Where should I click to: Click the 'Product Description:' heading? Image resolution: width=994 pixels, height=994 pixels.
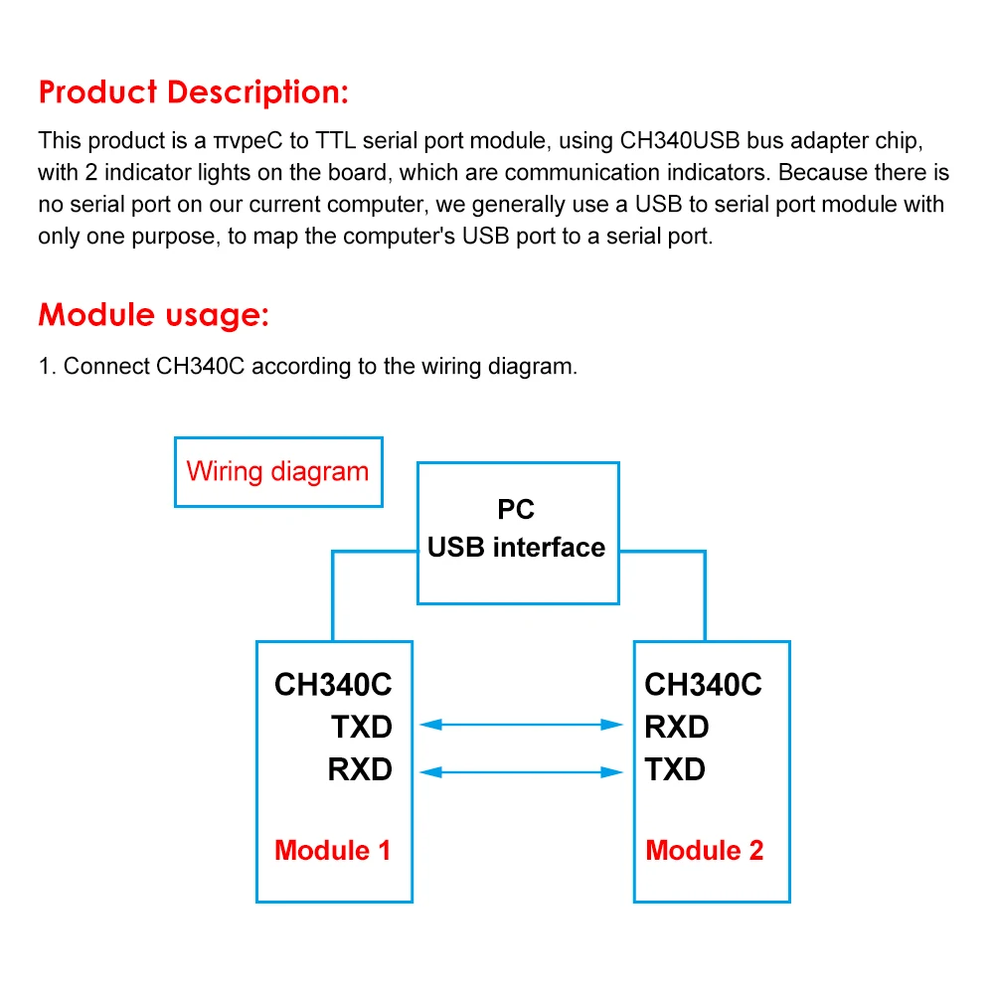click(194, 92)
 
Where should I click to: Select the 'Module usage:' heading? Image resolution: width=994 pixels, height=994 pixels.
click(154, 315)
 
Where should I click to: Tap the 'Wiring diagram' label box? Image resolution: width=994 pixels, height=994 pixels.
click(278, 471)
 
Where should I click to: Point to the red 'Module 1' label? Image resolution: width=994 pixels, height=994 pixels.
click(332, 850)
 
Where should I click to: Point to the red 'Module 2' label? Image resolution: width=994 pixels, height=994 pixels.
click(705, 850)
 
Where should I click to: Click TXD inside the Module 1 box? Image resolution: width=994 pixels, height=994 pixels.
click(362, 727)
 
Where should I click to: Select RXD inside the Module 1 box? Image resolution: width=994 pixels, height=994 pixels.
click(360, 769)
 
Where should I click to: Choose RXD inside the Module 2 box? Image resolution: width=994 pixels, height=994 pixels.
click(677, 727)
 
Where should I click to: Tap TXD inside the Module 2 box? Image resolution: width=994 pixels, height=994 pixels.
click(675, 769)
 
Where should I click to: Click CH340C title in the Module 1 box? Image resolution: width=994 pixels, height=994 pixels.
click(333, 685)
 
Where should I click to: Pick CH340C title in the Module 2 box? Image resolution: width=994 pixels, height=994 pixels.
click(704, 685)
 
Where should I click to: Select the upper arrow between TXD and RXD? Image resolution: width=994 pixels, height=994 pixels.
click(523, 726)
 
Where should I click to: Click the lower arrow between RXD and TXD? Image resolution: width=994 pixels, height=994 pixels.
click(523, 769)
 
